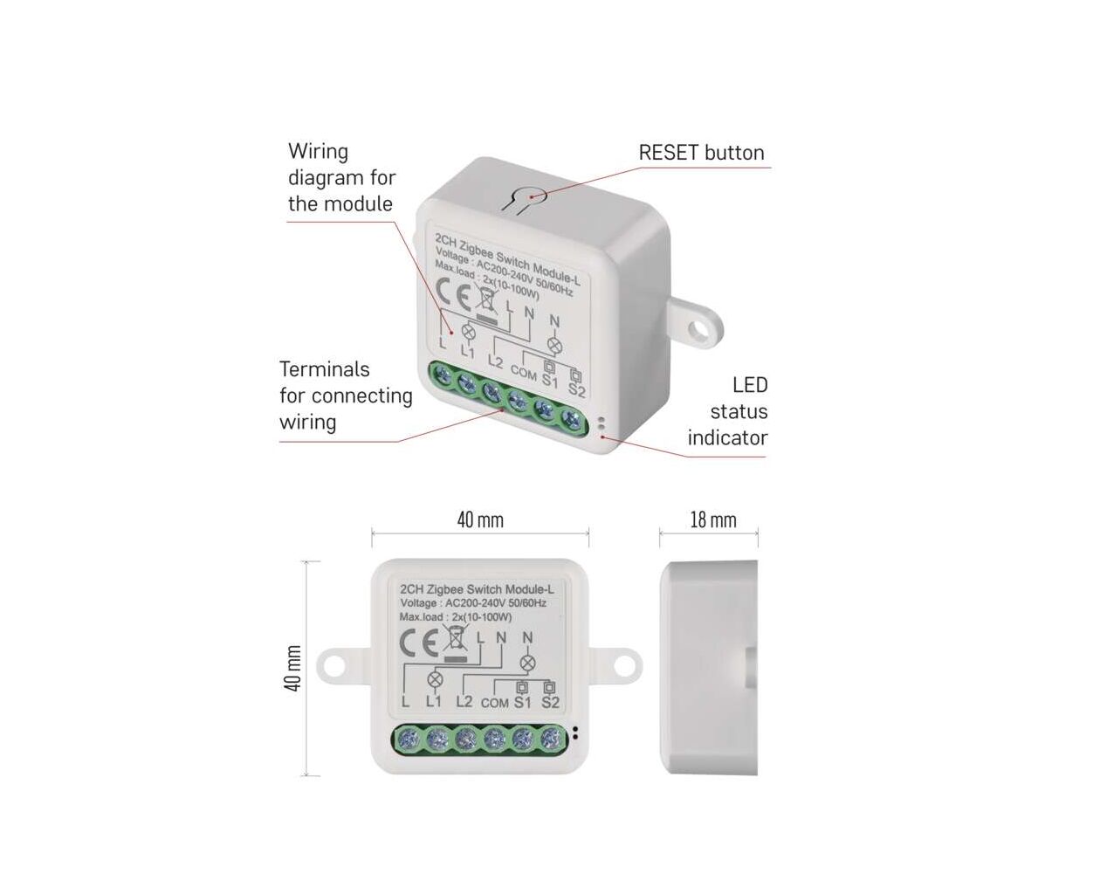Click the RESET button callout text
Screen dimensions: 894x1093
coord(701,153)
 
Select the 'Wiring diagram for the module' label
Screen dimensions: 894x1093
coord(341,178)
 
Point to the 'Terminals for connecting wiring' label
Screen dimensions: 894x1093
coord(346,395)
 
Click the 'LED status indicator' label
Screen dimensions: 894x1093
coord(727,411)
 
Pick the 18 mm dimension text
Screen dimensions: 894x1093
coord(712,520)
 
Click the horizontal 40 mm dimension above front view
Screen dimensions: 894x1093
coord(480,520)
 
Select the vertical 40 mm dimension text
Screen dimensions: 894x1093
coord(293,669)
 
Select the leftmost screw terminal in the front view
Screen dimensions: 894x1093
coord(407,740)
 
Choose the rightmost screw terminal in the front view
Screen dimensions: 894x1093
coord(551,740)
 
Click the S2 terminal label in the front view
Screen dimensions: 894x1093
coord(550,703)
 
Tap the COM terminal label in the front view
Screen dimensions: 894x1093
coord(494,703)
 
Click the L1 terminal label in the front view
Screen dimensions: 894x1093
coord(434,702)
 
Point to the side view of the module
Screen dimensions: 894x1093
coord(708,668)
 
